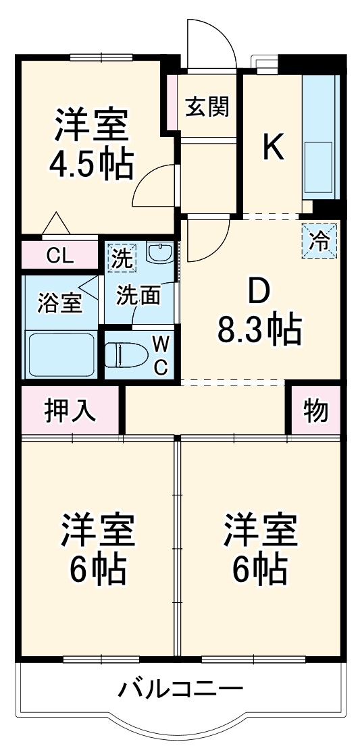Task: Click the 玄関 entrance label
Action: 209,106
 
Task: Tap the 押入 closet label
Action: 70,410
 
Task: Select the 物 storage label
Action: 315,410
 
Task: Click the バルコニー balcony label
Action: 180,689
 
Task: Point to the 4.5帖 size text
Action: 91,163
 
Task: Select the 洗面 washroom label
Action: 138,296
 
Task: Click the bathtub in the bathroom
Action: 60,354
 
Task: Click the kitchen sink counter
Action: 319,135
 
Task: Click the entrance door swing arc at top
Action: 215,41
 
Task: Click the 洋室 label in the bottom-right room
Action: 261,530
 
